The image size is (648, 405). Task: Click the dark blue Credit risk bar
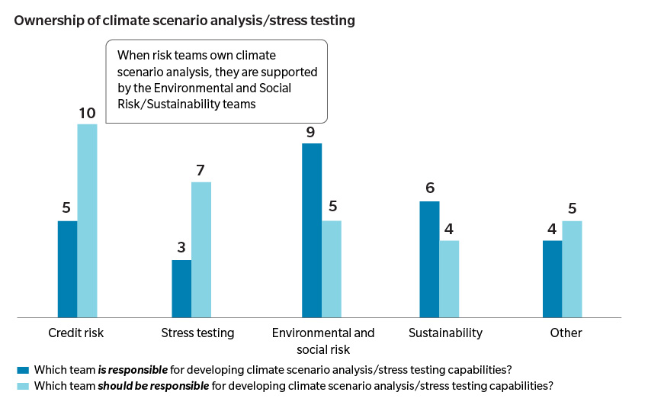[x=67, y=268]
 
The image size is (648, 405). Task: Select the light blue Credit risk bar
[x=87, y=220]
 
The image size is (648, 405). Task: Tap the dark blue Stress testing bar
[x=181, y=288]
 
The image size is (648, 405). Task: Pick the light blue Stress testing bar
[x=201, y=249]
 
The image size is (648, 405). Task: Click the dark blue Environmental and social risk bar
[x=312, y=230]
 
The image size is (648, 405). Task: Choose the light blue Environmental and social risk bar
[x=332, y=268]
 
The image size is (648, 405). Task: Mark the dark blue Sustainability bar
[x=430, y=259]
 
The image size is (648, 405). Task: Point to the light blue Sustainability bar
[x=450, y=278]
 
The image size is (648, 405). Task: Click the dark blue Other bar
[x=552, y=278]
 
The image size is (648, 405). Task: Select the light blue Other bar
[x=572, y=268]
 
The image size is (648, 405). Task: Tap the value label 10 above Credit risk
[x=87, y=113]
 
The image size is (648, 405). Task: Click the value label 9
[x=311, y=132]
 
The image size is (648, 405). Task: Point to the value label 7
[x=200, y=171]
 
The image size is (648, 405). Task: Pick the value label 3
[x=181, y=248]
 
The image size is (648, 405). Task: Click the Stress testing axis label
[x=197, y=333]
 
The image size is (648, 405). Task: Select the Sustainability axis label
[x=445, y=333]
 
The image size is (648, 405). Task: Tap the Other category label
[x=566, y=333]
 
